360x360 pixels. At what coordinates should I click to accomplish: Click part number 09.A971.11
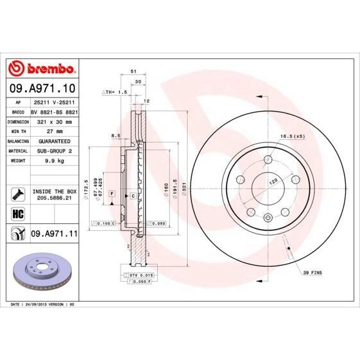point(54,236)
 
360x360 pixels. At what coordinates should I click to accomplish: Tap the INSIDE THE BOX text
point(54,191)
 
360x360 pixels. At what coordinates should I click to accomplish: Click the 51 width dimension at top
point(133,73)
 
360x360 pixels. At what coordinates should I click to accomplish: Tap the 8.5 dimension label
point(116,136)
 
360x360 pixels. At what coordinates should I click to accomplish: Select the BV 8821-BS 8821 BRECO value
point(54,111)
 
